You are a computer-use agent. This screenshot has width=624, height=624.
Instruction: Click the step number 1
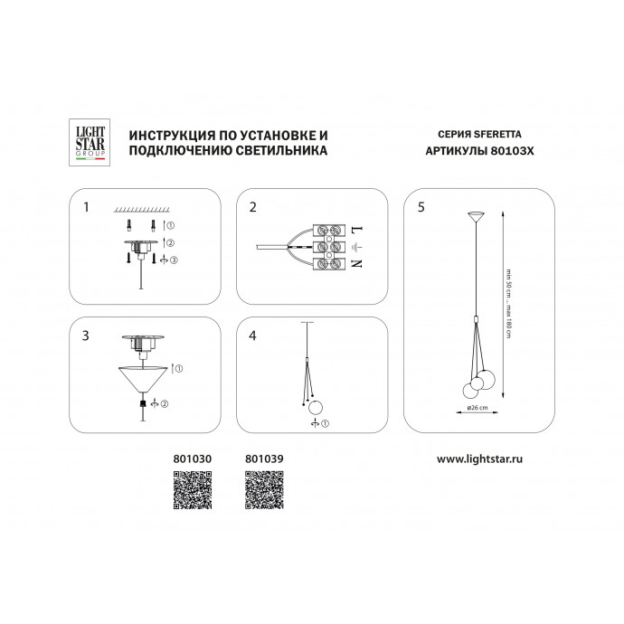click(86, 207)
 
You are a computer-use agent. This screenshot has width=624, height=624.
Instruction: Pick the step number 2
click(253, 207)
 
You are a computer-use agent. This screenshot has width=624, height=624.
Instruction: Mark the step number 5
click(421, 207)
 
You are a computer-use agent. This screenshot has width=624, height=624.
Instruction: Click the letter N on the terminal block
click(355, 264)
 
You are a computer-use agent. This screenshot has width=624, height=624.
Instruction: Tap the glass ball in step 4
click(316, 404)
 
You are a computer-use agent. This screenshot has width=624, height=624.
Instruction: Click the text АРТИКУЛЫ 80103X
click(479, 151)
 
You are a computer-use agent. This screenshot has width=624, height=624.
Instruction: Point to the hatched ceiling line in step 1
click(146, 207)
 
